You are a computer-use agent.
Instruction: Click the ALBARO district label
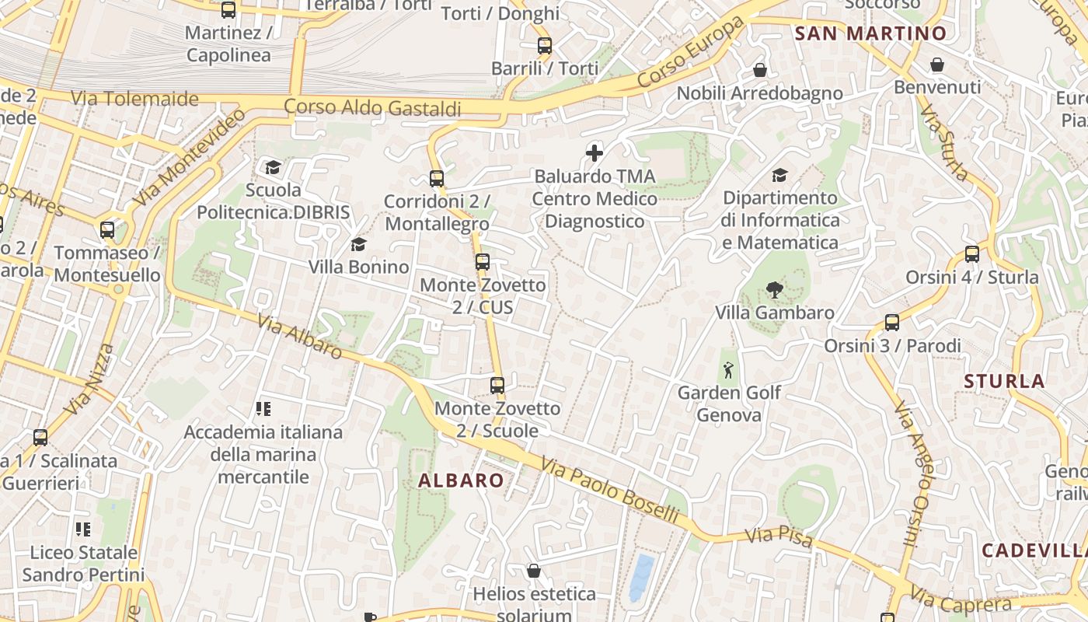click(461, 480)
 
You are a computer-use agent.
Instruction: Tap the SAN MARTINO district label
click(870, 33)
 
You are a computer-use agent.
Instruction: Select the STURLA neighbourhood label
click(1004, 381)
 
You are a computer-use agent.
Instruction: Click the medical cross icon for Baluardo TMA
click(595, 153)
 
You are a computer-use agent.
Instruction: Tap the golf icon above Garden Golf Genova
click(728, 370)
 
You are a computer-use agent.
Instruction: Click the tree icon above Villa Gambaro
click(774, 290)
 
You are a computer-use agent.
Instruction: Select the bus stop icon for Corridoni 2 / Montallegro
click(437, 179)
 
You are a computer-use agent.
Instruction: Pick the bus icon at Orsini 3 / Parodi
click(892, 323)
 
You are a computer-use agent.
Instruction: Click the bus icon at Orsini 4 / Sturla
click(971, 254)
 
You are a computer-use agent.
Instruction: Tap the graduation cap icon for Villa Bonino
click(358, 245)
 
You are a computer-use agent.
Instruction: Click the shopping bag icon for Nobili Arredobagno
click(760, 71)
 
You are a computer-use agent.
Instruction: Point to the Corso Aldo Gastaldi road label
click(372, 107)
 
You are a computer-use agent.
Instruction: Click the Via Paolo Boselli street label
click(610, 491)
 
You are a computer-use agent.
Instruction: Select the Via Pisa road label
click(779, 537)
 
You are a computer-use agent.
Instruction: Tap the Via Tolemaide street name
click(134, 99)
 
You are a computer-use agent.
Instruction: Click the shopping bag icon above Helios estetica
click(533, 571)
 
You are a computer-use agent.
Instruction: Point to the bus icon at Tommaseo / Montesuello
click(107, 230)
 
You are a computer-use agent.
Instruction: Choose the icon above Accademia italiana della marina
click(263, 409)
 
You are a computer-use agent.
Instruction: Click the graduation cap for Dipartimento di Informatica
click(779, 176)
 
